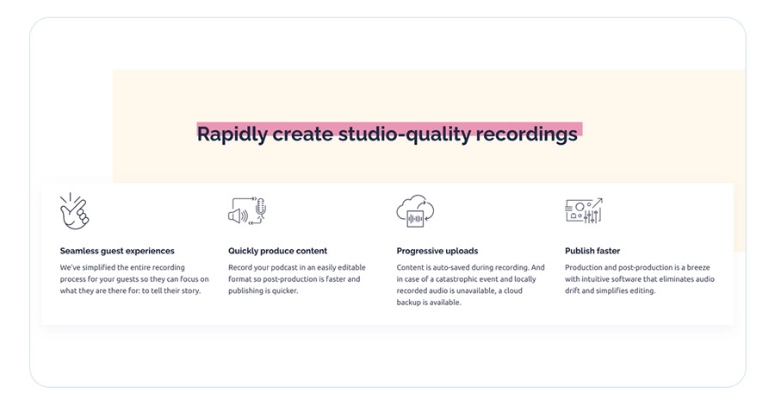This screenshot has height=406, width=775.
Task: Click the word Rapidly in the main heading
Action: (232, 134)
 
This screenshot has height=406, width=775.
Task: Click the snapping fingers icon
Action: (74, 211)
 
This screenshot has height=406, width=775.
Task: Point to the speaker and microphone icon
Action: (247, 211)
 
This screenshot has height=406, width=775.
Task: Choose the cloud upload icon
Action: (414, 211)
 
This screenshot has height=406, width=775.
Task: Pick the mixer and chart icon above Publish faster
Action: (583, 211)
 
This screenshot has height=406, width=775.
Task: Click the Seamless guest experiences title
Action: (117, 251)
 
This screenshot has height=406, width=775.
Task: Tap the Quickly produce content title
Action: (277, 251)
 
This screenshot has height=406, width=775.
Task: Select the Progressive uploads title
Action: (437, 251)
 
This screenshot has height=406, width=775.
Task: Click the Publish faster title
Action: (592, 251)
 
